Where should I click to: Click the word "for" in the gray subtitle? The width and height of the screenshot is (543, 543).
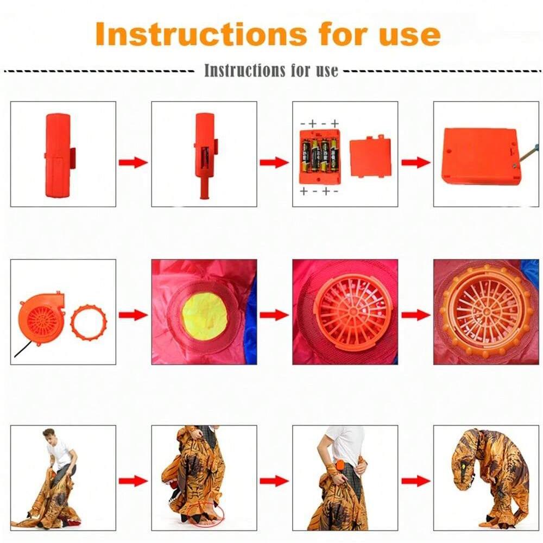coord(300,70)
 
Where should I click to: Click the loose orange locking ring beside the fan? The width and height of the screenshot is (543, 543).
coord(89,323)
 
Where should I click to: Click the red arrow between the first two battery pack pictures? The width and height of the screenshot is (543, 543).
coord(134,162)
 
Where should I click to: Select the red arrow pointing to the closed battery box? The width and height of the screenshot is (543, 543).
coord(416,162)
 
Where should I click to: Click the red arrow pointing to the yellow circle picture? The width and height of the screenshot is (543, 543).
coord(134,315)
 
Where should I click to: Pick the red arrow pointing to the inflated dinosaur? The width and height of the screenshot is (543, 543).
coord(416,481)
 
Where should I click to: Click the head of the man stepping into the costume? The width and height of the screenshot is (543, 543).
coord(49,437)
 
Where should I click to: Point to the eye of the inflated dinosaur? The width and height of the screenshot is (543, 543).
coord(462,468)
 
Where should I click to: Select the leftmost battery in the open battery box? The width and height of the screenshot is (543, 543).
coord(306,155)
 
